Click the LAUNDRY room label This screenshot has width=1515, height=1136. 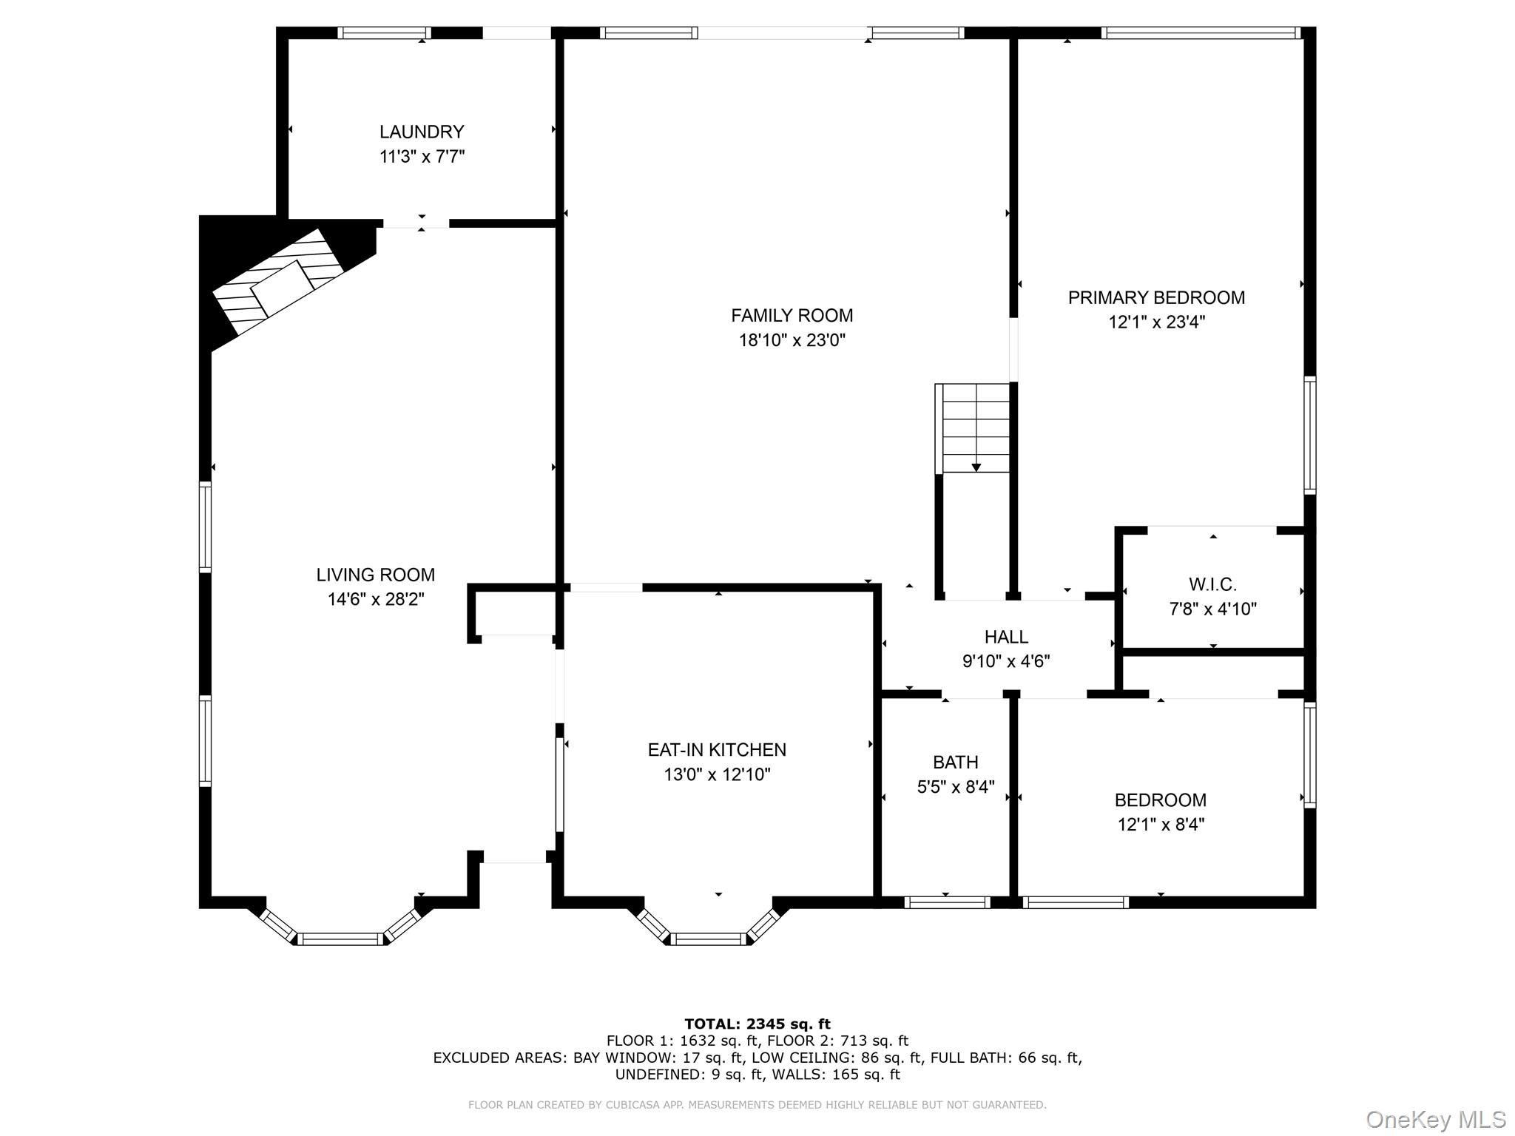(x=422, y=132)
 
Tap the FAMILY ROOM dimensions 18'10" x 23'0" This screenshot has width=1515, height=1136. (x=792, y=340)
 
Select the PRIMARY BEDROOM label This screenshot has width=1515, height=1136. (x=1156, y=297)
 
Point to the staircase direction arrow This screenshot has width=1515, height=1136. (x=976, y=467)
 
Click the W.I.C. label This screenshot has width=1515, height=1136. (x=1212, y=584)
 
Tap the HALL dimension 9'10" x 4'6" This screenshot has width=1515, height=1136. (x=1006, y=661)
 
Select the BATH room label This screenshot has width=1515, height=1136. (x=955, y=762)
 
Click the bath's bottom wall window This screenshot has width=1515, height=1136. (x=947, y=902)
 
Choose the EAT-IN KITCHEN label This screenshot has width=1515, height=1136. (x=717, y=749)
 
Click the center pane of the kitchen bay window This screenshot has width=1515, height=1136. (x=709, y=939)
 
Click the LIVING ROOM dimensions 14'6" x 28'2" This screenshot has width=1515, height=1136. (x=376, y=599)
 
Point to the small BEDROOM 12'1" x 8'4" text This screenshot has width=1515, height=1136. (x=1161, y=824)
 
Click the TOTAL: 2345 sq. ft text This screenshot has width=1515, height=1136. (x=757, y=1024)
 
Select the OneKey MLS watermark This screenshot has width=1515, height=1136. (x=1435, y=1119)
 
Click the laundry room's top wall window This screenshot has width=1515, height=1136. (x=385, y=33)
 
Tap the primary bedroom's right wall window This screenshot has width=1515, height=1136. (x=1309, y=435)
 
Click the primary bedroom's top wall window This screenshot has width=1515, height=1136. (x=1201, y=33)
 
